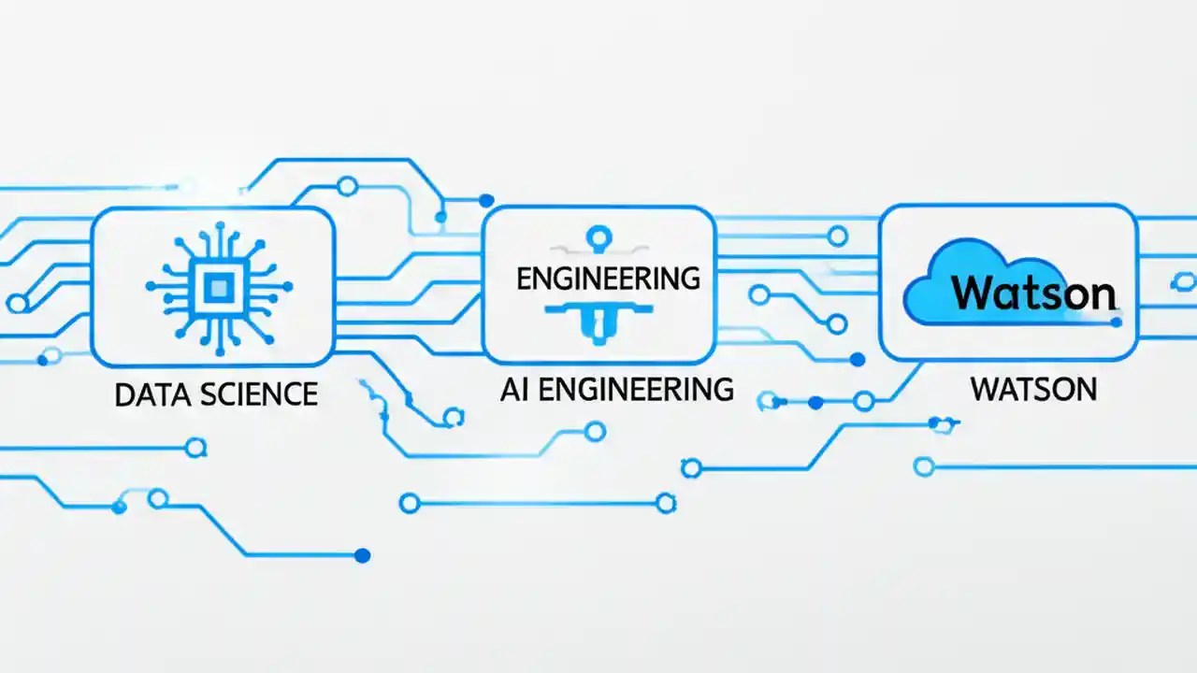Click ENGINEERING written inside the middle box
608,278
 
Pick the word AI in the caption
514,389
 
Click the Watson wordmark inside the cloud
1033,294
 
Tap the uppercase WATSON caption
1033,389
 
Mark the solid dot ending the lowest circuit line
362,555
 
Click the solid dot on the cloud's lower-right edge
1115,322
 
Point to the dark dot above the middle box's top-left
485,200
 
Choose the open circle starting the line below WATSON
924,465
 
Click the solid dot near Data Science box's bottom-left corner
40,358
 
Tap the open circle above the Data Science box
347,187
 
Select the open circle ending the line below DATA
195,448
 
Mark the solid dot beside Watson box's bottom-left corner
858,359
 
